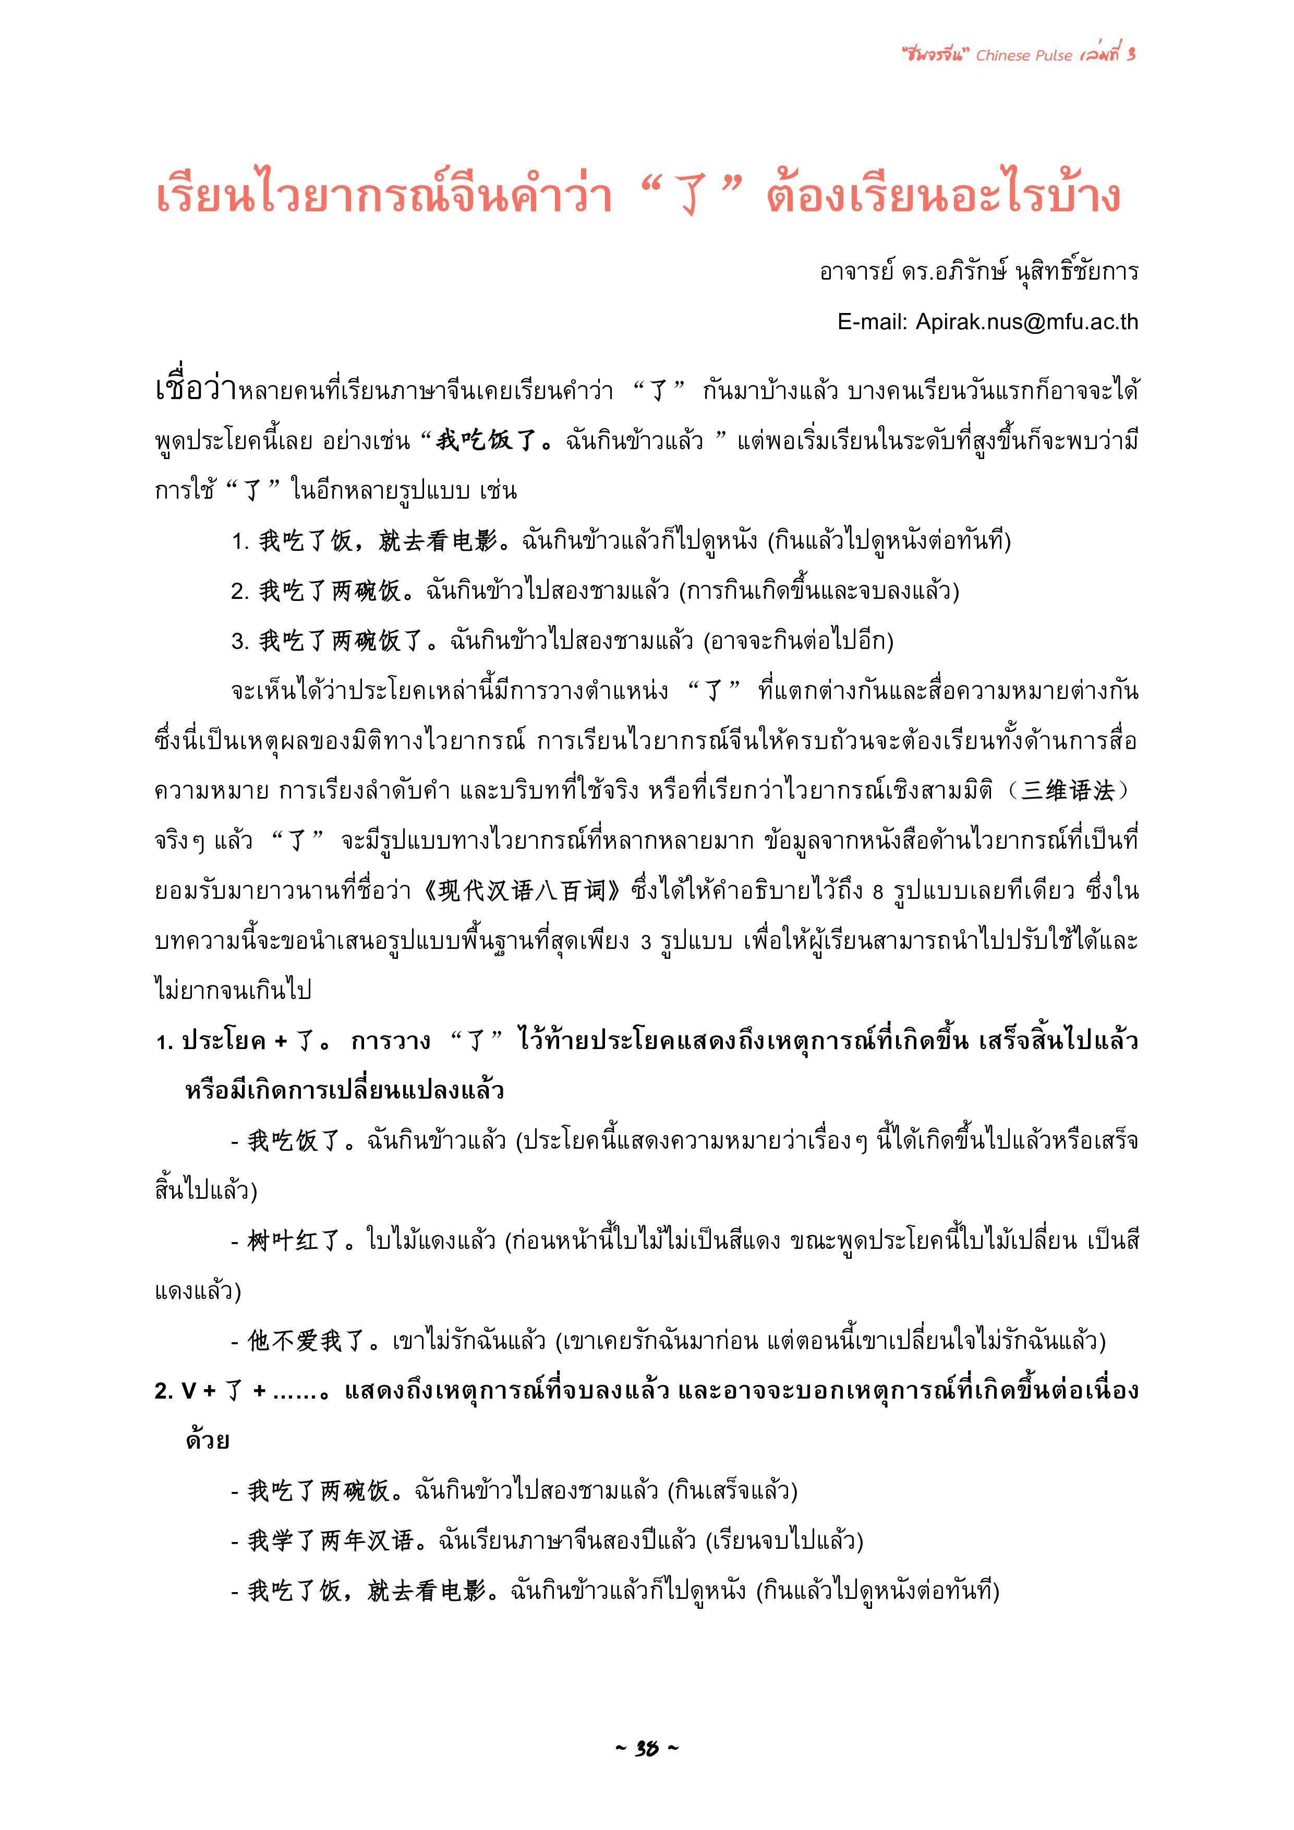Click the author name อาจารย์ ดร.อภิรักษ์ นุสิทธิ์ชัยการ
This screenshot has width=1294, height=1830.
pos(978,272)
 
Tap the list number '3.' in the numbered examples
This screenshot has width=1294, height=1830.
pos(240,642)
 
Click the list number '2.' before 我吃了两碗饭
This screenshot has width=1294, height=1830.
pos(240,592)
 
